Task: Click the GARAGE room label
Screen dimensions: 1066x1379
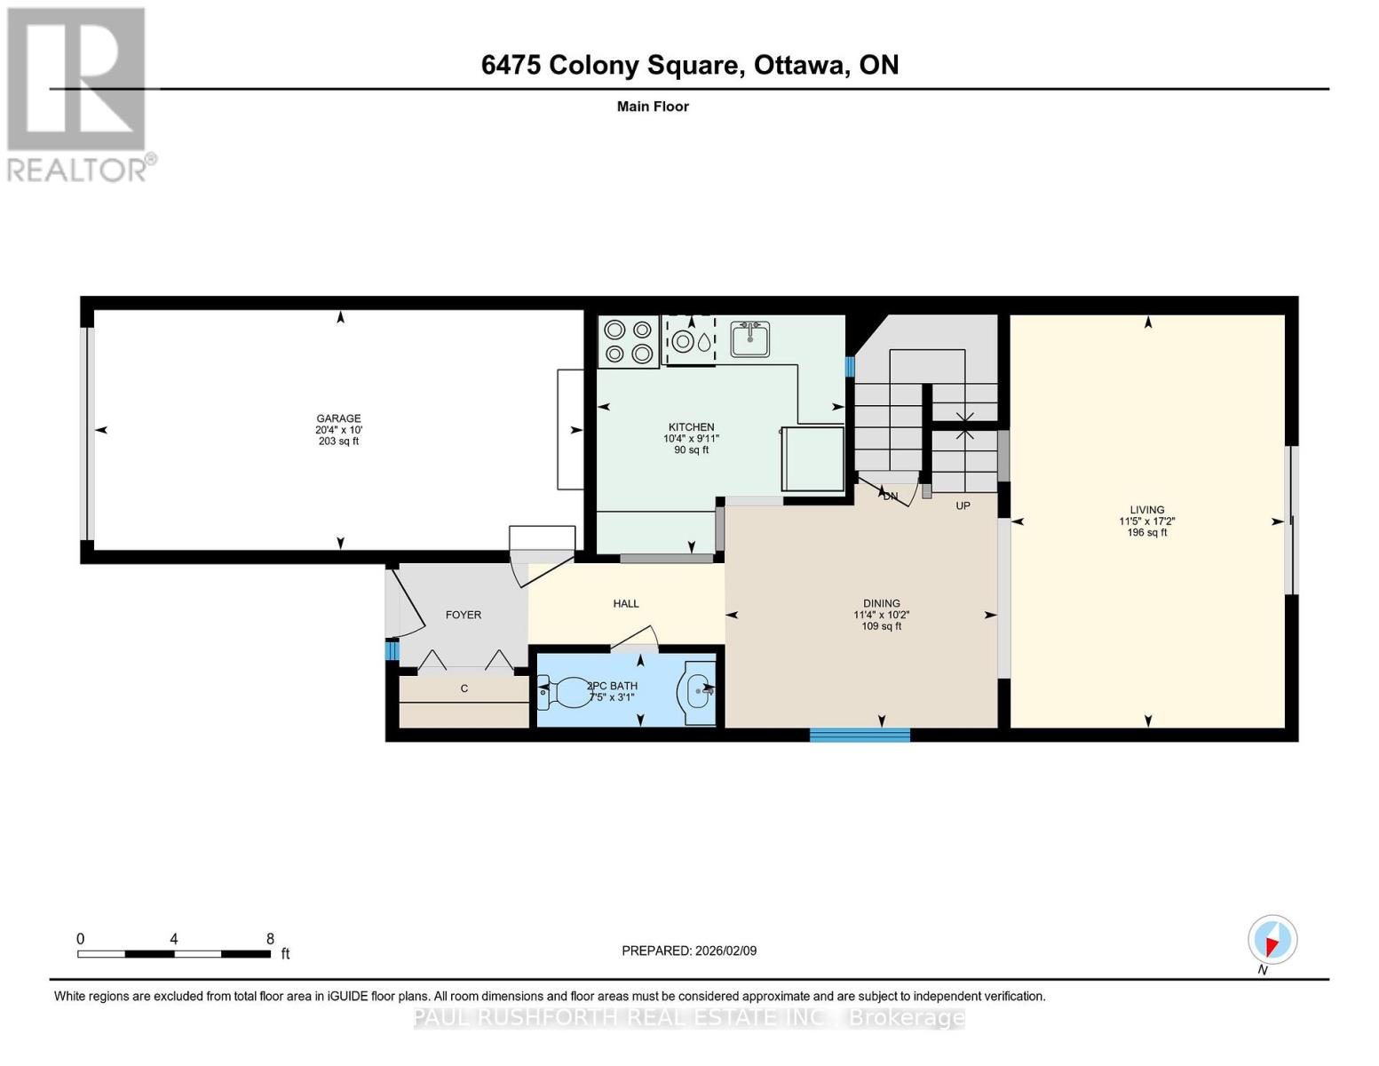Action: tap(338, 418)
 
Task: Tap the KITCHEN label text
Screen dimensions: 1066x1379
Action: tap(691, 427)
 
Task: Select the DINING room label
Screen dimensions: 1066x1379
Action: tap(881, 604)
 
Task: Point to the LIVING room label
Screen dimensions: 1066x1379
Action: tap(1147, 511)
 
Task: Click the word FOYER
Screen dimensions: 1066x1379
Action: tap(464, 615)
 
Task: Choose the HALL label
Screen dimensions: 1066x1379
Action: tap(626, 604)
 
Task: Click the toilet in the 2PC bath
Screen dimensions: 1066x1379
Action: tap(564, 692)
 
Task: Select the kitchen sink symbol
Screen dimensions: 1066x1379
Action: tap(750, 338)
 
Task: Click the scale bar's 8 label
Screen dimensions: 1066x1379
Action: tap(270, 939)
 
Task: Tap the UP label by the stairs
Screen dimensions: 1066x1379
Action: tap(963, 505)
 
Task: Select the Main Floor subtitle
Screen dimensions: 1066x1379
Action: tap(653, 107)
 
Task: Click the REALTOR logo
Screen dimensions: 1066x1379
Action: tap(78, 93)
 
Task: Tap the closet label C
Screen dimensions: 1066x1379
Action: tap(464, 688)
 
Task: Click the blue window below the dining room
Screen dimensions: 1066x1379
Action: tap(860, 735)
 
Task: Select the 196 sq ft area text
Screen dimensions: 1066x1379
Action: tap(1147, 533)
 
